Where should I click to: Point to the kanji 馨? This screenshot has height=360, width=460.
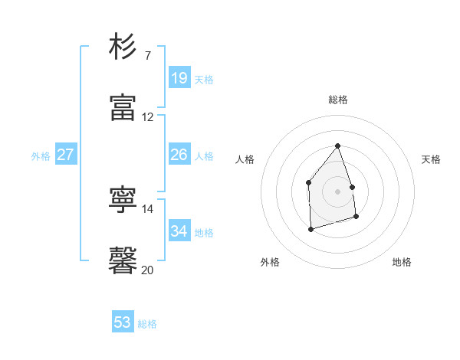coord(123,260)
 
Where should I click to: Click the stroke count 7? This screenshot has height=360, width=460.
coord(148,56)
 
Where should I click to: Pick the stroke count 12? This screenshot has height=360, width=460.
coord(148,117)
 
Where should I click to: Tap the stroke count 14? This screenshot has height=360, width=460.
coord(148,208)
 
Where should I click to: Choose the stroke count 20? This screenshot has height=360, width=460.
coord(148,270)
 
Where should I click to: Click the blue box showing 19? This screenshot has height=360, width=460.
coord(179,78)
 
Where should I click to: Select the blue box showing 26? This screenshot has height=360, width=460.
coord(179,155)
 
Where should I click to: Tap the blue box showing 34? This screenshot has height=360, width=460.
coord(179,231)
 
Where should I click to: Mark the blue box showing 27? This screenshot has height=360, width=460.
coord(66,155)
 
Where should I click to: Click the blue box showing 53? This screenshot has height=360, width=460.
coord(123,322)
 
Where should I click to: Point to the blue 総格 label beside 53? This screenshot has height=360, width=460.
coord(147,324)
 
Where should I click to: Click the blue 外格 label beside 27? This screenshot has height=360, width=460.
coord(41,156)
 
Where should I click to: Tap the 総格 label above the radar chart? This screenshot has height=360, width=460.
coord(337,100)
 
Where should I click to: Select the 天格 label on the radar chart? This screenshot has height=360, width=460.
coord(431,159)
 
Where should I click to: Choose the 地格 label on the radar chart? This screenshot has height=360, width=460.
coord(402,262)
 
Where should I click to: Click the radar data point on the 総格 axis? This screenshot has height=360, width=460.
coord(337,146)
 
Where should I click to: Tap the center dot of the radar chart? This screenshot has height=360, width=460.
coord(337,191)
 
